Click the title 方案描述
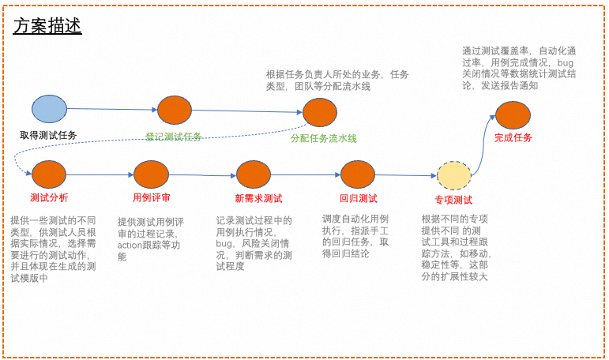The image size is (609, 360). pyautogui.click(x=47, y=26)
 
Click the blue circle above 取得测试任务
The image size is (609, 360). pyautogui.click(x=49, y=108)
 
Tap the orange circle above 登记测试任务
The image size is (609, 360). pyautogui.click(x=175, y=110)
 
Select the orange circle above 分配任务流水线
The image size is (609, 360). pyautogui.click(x=320, y=112)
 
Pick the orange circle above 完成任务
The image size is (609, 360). pyautogui.click(x=513, y=115)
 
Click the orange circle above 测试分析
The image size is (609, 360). pyautogui.click(x=49, y=174)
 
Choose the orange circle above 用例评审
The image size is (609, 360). pyautogui.click(x=152, y=174)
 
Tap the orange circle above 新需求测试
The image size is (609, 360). pyautogui.click(x=254, y=174)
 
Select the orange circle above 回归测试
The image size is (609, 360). pyautogui.click(x=357, y=174)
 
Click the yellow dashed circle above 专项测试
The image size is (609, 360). pyautogui.click(x=454, y=175)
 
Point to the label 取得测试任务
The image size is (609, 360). pyautogui.click(x=49, y=135)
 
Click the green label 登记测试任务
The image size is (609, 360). pyautogui.click(x=174, y=137)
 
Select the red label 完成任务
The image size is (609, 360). pyautogui.click(x=513, y=137)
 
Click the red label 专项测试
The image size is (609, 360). pyautogui.click(x=453, y=200)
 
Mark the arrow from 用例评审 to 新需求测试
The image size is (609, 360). pyautogui.click(x=202, y=175)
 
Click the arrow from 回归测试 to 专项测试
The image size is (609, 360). pyautogui.click(x=405, y=175)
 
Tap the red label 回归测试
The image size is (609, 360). pyautogui.click(x=358, y=198)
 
